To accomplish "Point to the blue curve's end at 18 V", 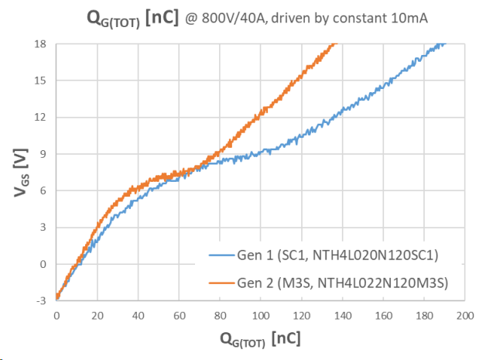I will pyautogui.click(x=446, y=45).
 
